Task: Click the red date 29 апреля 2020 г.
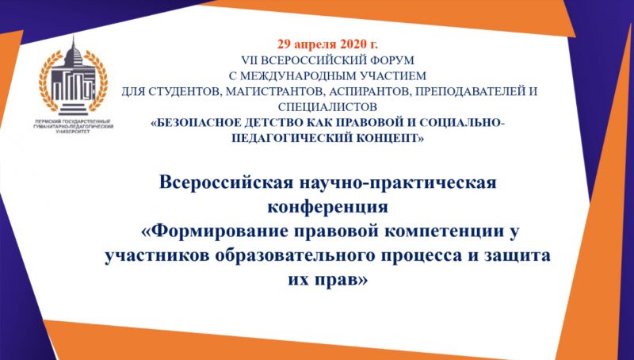(327, 44)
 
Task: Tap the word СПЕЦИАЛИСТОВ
(327, 107)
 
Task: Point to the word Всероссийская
(226, 182)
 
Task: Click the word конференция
(327, 207)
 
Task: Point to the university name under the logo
(73, 126)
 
